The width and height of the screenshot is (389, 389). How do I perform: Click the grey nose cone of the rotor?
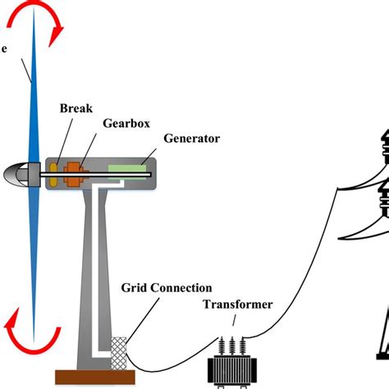(x=16, y=173)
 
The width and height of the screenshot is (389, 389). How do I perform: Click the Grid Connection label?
(x=167, y=288)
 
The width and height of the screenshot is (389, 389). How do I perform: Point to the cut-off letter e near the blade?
(x=4, y=48)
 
